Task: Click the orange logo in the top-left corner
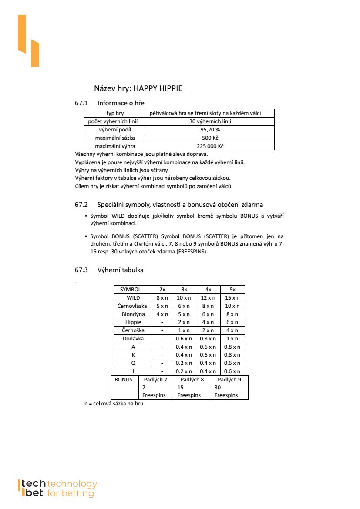(x=28, y=40)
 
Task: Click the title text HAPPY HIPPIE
(x=158, y=88)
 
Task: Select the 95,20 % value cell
(x=210, y=130)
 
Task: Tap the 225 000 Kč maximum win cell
(x=210, y=146)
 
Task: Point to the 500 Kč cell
(x=210, y=138)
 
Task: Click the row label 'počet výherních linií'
(x=115, y=121)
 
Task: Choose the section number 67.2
(x=81, y=205)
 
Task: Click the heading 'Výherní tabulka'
(x=121, y=270)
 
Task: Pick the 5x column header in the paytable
(x=232, y=290)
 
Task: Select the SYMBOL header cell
(x=131, y=290)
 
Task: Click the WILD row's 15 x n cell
(x=232, y=298)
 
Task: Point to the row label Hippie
(x=133, y=322)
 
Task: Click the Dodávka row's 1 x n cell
(x=232, y=339)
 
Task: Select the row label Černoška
(x=133, y=330)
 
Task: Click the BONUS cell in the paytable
(x=124, y=380)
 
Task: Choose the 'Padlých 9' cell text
(x=229, y=380)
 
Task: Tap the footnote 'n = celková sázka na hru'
(x=114, y=404)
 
